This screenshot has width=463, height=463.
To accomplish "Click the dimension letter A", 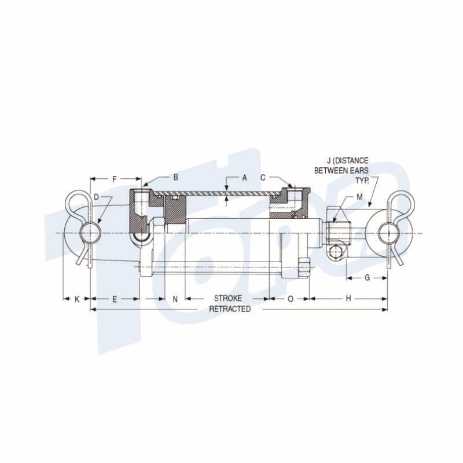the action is pyautogui.click(x=244, y=178).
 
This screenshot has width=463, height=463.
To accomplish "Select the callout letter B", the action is pyautogui.click(x=176, y=178).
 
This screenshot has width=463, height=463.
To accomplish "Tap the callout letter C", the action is pyautogui.click(x=263, y=178).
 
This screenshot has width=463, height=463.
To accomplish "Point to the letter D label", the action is pyautogui.click(x=96, y=197).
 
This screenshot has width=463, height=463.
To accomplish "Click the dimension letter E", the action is pyautogui.click(x=115, y=299).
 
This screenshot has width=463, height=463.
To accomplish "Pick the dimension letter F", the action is pyautogui.click(x=115, y=179).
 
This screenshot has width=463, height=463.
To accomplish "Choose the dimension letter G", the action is pyautogui.click(x=367, y=278).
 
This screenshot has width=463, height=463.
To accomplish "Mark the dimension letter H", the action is pyautogui.click(x=348, y=299).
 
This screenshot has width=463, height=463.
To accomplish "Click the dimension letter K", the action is pyautogui.click(x=77, y=299).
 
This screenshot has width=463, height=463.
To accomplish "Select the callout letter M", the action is pyautogui.click(x=359, y=197).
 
